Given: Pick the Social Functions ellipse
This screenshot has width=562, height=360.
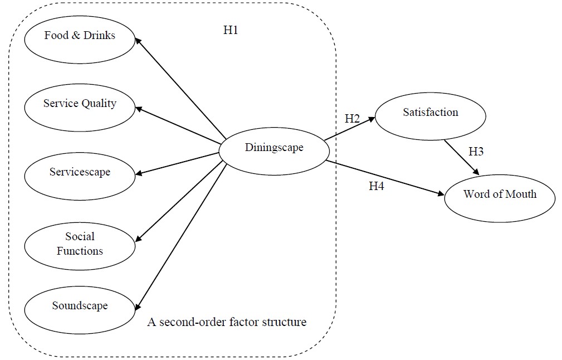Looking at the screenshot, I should click(80, 244).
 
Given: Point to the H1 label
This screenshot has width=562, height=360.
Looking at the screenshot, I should click(231, 31).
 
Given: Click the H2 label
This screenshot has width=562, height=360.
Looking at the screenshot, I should click(352, 118).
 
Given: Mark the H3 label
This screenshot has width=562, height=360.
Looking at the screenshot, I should click(476, 151).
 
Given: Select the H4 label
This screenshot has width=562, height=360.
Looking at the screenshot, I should click(377, 186).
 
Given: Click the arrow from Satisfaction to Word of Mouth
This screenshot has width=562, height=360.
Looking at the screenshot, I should click(461, 157).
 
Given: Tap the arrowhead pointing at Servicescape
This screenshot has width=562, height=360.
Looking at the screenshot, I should click(138, 174).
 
